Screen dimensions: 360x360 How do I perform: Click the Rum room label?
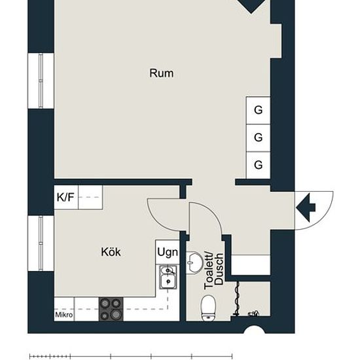tap(162, 73)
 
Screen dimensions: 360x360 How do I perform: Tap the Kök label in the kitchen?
tap(111, 251)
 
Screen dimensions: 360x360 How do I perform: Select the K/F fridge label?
tap(65, 197)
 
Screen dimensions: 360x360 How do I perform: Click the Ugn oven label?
tap(168, 252)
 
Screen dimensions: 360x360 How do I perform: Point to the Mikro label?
tap(64, 315)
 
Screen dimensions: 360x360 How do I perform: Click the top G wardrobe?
tap(258, 111)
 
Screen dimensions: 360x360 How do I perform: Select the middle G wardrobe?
tap(258, 137)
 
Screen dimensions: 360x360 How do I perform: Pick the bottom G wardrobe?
tap(258, 165)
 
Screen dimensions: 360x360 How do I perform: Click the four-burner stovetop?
tap(111, 309)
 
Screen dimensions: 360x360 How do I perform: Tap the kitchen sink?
tap(168, 277)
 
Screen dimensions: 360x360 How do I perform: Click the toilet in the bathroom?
tap(208, 308)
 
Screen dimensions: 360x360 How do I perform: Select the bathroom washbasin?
tap(194, 263)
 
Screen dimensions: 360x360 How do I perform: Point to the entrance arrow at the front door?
tap(306, 207)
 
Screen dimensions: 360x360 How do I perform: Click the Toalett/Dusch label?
tap(213, 271)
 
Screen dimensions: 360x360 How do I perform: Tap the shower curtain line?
tap(238, 298)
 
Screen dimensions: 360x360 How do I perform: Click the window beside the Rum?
tap(41, 81)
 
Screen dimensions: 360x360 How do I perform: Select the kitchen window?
tap(41, 243)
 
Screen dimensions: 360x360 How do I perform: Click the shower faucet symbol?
tap(253, 313)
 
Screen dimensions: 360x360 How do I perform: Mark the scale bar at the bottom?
tap(131, 356)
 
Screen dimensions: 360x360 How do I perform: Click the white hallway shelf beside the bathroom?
tap(251, 264)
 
